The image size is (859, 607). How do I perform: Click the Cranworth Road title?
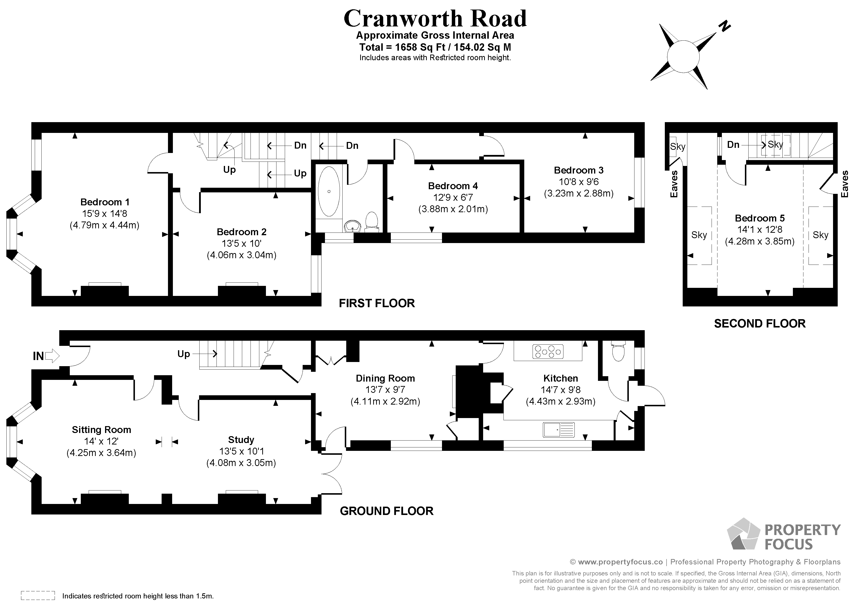coord(435,19)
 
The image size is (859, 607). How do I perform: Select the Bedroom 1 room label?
coord(105,202)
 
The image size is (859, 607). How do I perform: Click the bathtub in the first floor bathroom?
coord(329,191)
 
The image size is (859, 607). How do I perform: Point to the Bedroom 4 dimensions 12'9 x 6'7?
coord(453,198)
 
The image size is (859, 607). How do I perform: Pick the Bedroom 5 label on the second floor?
coord(760,218)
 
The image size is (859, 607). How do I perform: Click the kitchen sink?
coord(559,430)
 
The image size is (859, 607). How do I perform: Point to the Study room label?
coord(241,440)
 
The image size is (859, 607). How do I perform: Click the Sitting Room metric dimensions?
coord(101,453)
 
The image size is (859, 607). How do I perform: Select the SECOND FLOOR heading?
coord(760,324)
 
